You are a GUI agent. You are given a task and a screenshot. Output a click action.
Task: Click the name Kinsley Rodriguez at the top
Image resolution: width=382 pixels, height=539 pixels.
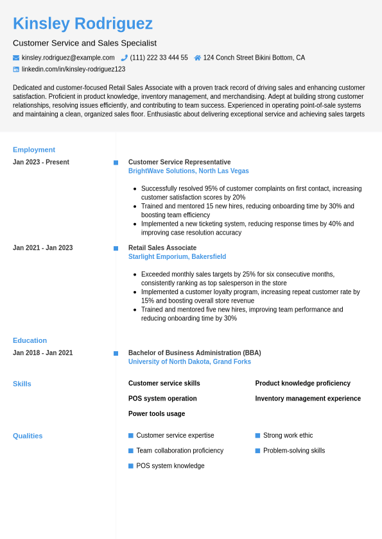pos(83,24)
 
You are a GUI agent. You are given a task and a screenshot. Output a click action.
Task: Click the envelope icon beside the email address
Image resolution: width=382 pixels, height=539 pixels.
pos(16,58)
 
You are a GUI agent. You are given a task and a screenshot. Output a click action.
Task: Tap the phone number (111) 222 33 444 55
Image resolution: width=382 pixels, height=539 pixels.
pos(159,58)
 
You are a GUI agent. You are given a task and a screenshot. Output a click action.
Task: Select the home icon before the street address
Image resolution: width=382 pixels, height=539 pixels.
pos(198,58)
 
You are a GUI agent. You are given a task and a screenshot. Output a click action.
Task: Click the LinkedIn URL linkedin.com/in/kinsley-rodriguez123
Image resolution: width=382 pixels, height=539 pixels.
pos(73,69)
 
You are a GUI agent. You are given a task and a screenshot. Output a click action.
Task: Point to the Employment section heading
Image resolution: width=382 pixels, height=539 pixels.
pos(34,150)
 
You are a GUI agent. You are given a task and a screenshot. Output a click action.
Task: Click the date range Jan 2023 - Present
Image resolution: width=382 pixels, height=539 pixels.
pos(41,162)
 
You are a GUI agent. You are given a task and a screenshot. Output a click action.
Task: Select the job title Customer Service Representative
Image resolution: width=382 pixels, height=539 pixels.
pos(179,162)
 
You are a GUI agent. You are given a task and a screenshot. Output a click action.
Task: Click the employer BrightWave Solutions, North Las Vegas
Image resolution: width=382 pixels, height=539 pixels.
pos(188,171)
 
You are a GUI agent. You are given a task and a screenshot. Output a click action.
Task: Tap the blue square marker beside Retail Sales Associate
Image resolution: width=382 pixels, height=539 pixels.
pos(116,248)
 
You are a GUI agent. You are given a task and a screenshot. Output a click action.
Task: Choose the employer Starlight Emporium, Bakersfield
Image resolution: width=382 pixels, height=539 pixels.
pos(177,257)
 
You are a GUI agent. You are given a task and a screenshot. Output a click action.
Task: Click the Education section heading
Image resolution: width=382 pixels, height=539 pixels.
pos(30,341)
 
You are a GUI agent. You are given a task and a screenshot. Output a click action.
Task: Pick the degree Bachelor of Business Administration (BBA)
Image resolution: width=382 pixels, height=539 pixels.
pos(195,353)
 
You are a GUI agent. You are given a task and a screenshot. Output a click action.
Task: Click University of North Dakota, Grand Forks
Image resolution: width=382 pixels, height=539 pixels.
pos(189,362)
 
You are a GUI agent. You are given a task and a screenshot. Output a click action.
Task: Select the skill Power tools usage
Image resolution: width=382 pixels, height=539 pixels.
pos(157,414)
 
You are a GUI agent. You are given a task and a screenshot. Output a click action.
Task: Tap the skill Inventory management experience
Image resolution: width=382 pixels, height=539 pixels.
pos(308,399)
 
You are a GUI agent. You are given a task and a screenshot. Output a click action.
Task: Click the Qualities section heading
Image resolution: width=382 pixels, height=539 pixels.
pos(28,436)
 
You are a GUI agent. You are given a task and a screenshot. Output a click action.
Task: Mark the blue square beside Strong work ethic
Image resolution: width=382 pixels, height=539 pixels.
pos(257,436)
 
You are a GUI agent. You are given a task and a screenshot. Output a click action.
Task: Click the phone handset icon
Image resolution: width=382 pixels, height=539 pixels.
pos(125,58)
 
